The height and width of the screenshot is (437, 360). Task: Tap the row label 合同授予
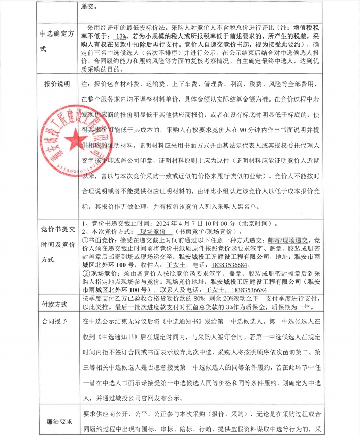(55, 322)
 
